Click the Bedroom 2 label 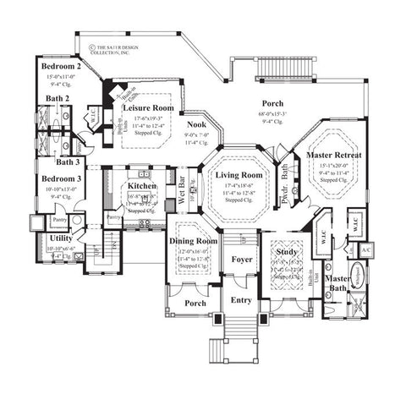coord(59,66)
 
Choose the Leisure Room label coord(148,108)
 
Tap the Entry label coord(243,299)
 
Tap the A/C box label coord(366,251)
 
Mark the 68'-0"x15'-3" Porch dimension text coord(273,114)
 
